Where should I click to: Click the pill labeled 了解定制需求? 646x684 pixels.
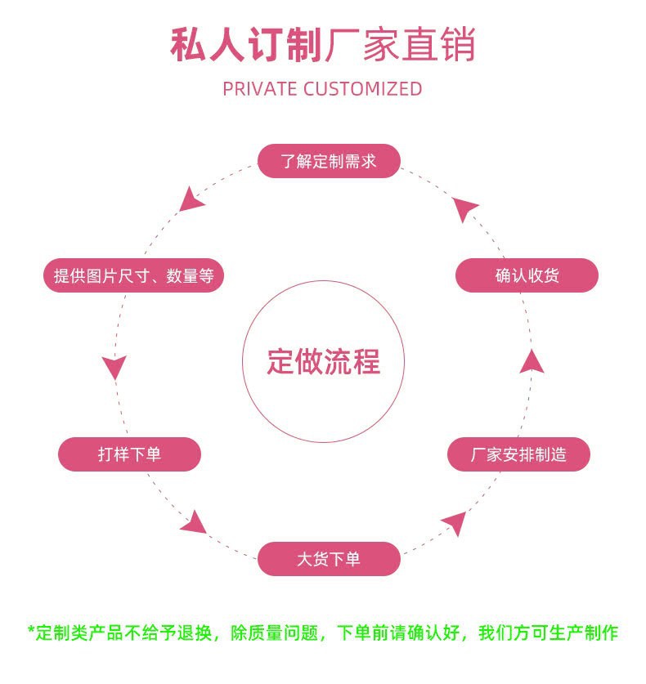(x=329, y=161)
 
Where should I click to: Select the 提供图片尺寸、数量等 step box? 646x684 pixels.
(x=133, y=276)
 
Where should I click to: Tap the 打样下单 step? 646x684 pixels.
(x=129, y=454)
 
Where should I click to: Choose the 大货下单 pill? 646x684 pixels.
(x=329, y=560)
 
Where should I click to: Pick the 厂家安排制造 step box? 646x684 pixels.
(x=518, y=454)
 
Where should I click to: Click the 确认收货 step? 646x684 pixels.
(x=527, y=275)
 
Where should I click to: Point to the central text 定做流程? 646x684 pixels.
(x=324, y=361)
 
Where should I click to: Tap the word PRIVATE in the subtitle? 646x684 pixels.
(x=259, y=89)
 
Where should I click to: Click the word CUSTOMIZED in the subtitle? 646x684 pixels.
(x=363, y=89)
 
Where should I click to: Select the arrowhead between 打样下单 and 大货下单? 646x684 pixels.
(x=195, y=521)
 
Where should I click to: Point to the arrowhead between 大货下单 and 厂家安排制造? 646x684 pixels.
(x=454, y=522)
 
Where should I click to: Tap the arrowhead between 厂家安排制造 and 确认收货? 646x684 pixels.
(x=532, y=361)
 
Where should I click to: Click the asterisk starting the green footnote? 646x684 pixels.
(x=31, y=632)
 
